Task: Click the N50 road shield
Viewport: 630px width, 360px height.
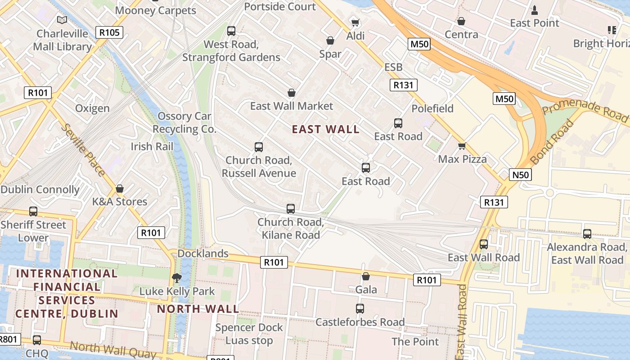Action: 520,175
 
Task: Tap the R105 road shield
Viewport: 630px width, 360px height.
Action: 109,32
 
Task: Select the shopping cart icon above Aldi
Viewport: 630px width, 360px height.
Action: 355,22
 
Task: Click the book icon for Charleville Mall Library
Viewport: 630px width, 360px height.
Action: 62,20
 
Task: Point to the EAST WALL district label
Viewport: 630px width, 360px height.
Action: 325,130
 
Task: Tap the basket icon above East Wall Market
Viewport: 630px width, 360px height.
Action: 292,93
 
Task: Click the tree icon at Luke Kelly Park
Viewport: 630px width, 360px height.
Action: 177,278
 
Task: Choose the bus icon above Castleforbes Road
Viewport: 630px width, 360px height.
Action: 360,309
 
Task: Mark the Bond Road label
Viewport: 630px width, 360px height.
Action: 553,142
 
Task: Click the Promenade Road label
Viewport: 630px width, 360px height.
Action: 585,110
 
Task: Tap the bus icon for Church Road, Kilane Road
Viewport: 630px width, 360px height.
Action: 291,209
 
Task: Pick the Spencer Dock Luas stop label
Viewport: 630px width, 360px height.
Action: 249,334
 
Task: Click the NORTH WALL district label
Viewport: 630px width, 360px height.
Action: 198,309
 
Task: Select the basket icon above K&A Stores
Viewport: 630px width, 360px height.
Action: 119,189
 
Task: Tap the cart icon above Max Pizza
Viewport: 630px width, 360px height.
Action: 462,146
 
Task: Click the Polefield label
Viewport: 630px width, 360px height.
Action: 432,108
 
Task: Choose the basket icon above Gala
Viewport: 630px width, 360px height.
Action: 366,276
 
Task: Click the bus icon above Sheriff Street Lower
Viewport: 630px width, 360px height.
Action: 33,211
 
